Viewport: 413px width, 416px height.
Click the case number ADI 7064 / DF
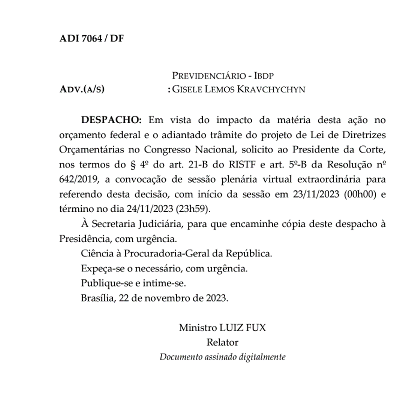pyautogui.click(x=91, y=38)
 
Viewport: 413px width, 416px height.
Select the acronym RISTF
pyautogui.click(x=226, y=165)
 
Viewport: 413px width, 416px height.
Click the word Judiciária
pyautogui.click(x=157, y=225)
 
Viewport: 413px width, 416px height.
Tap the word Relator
pyautogui.click(x=222, y=342)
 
